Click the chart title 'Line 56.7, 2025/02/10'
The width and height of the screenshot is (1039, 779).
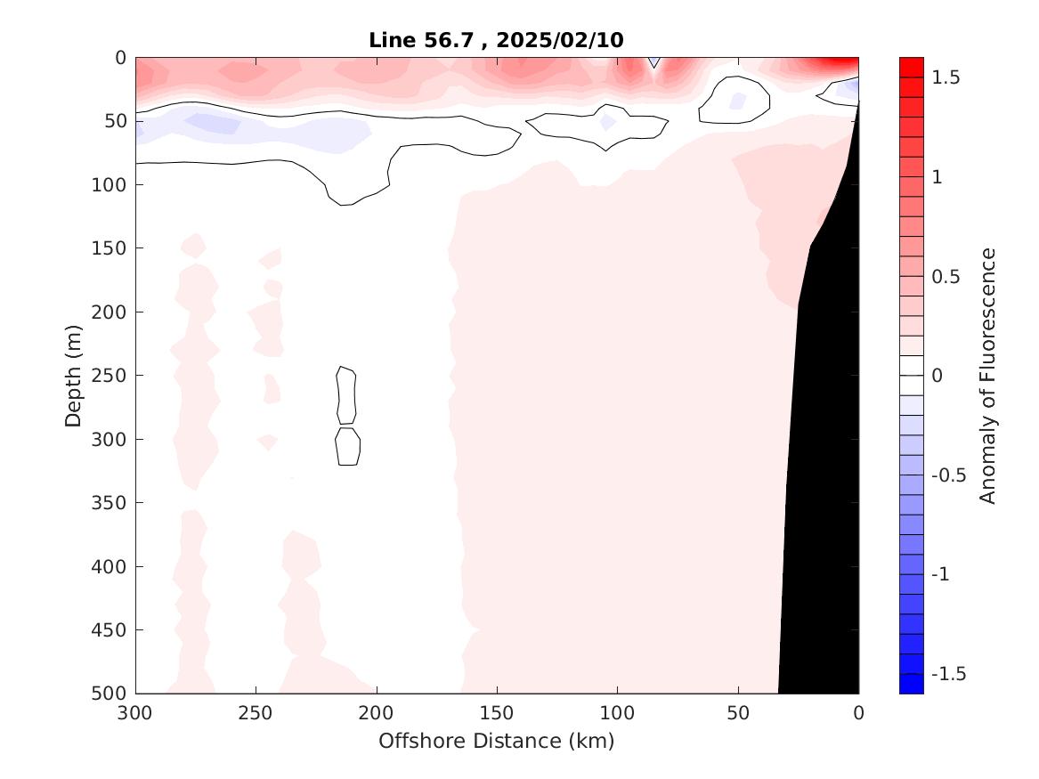[497, 40]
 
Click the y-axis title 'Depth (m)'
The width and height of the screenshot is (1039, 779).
[74, 375]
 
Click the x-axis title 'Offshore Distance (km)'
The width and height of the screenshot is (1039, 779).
[497, 741]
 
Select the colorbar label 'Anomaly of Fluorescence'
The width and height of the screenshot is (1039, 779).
[987, 376]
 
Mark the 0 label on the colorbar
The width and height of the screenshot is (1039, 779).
[937, 376]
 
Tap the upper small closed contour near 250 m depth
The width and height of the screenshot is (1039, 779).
[346, 395]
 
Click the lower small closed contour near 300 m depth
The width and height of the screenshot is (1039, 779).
[347, 446]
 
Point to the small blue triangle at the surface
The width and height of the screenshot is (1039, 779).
[654, 61]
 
